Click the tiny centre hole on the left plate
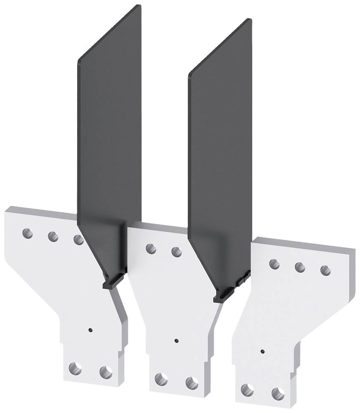(x=90, y=330)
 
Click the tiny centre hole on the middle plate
(x=176, y=341)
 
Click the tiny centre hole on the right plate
(x=263, y=351)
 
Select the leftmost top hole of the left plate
(x=27, y=233)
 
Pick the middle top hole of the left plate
(x=53, y=237)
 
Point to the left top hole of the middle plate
(x=151, y=248)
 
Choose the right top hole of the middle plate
(x=177, y=252)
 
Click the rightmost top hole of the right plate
(x=325, y=271)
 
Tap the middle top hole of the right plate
(x=300, y=267)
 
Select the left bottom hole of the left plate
(x=75, y=368)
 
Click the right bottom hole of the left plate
(x=106, y=372)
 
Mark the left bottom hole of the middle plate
(x=161, y=379)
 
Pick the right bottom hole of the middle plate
(x=192, y=383)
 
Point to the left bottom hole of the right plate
(x=247, y=390)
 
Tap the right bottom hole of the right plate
(x=278, y=394)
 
